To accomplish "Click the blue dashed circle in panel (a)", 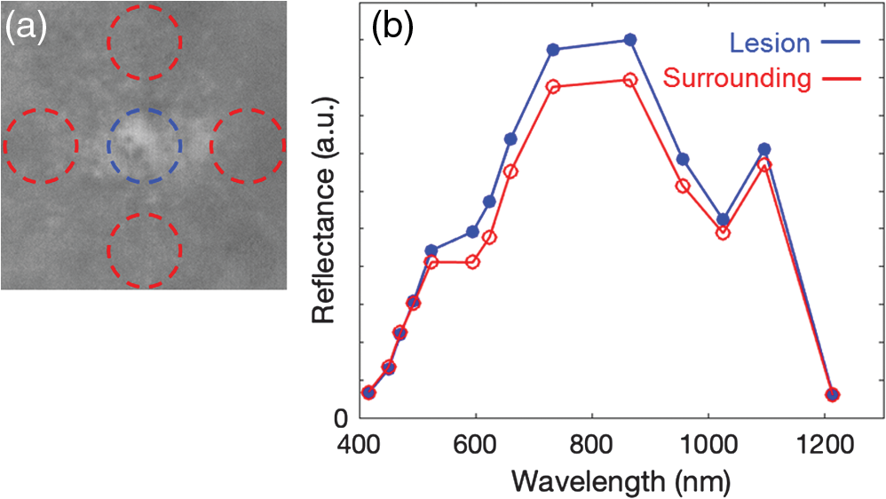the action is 108,146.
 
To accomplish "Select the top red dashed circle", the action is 108,42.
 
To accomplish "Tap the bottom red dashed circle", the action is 108,250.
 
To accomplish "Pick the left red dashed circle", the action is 4,146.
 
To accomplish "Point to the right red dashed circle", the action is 211,146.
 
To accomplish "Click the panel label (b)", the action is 392,28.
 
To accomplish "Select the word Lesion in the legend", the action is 770,43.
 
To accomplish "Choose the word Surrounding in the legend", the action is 737,78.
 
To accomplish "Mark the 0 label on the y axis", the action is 341,419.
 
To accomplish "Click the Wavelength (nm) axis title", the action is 621,482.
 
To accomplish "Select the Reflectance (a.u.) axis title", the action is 324,210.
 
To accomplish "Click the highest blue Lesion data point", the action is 630,40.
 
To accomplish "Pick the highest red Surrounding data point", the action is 630,80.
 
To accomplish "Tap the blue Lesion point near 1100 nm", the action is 764,149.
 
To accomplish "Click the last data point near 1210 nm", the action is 832,394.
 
